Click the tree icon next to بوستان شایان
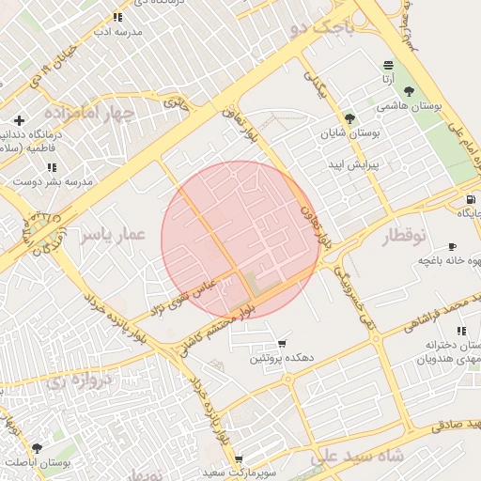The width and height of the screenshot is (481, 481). coord(349,119)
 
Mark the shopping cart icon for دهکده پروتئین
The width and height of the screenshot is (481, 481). coord(282,344)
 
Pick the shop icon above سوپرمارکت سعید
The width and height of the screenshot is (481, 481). coord(239,459)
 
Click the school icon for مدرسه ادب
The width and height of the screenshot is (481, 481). coord(117,17)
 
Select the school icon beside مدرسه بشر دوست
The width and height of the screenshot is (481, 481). coord(52,167)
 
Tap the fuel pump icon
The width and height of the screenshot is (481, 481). coord(470,199)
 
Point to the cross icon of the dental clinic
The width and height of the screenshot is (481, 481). coord(20,120)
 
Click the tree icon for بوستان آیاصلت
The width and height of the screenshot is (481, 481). coord(37,448)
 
